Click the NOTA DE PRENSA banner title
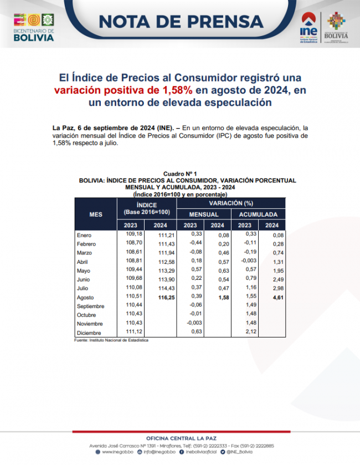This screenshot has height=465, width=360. click(181, 21)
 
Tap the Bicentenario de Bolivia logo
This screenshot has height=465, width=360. click(34, 27)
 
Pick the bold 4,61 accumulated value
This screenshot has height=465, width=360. click(272, 298)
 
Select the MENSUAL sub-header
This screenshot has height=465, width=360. click(204, 214)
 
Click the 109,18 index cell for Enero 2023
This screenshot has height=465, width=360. click(131, 234)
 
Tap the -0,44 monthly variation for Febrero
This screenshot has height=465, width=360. click(190, 243)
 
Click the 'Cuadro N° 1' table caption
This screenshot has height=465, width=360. click(180, 174)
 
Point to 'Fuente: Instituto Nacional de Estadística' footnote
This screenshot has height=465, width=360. click(111, 340)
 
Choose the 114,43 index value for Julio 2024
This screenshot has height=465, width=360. click(161, 289)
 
